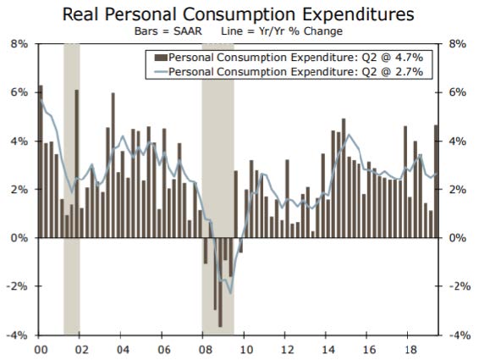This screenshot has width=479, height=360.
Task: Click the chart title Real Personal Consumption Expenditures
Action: click(x=239, y=14)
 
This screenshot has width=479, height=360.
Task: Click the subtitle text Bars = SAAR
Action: click(x=168, y=31)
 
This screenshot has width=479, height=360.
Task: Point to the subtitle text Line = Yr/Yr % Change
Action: click(x=282, y=31)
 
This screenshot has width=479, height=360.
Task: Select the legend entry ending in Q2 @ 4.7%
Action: click(x=289, y=58)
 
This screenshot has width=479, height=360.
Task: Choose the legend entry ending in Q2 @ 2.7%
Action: click(x=289, y=72)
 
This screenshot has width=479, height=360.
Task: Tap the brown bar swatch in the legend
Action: click(x=161, y=58)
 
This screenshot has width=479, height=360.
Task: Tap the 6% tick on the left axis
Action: click(x=19, y=92)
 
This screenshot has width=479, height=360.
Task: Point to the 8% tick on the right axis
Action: click(x=457, y=44)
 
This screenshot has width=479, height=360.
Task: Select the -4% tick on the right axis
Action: click(x=460, y=335)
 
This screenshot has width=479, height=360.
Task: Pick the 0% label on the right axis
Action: click(x=457, y=238)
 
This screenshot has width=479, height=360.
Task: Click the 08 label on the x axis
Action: click(x=205, y=350)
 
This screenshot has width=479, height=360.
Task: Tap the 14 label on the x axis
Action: click(x=328, y=350)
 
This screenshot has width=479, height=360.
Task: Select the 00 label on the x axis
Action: click(x=41, y=350)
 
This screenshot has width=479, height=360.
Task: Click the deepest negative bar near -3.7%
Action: click(x=220, y=282)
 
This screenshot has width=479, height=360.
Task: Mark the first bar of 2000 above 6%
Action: click(x=41, y=162)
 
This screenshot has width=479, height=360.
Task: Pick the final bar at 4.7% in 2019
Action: click(x=436, y=181)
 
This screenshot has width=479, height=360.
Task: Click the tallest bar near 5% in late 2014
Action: click(x=344, y=178)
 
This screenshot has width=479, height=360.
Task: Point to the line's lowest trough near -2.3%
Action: click(x=231, y=293)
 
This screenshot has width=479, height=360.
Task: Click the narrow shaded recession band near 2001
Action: click(x=72, y=190)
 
